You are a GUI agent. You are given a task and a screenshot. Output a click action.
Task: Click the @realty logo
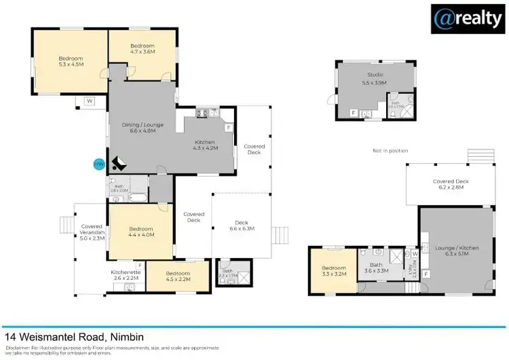pos(468,19)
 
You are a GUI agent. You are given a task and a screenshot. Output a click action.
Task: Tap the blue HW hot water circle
pos(98,164)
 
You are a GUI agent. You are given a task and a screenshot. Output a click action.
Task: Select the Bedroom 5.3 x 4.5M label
pos(71,62)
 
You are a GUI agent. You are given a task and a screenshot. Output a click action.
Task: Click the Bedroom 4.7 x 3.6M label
pos(143,48)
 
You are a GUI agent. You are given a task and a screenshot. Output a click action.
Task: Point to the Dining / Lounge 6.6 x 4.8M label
pos(143,127)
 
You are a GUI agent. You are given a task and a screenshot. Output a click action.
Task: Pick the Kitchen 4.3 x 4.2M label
pos(205,144)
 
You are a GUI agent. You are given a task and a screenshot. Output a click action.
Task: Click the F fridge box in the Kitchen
pos(229,127)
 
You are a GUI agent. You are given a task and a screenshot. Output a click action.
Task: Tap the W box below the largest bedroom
pos(89,101)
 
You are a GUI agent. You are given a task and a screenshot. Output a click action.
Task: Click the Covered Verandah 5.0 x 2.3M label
pos(91,232)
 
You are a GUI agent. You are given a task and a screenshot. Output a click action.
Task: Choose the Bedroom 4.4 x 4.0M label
pos(142,232)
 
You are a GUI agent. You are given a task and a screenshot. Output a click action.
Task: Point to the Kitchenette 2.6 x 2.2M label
pos(125,275)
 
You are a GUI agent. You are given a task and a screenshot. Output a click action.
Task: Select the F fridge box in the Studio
pos(353,113)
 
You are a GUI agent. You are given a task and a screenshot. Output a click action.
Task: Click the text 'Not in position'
pos(390,150)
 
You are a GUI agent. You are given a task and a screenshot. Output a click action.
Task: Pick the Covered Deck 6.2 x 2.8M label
pos(451,185)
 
